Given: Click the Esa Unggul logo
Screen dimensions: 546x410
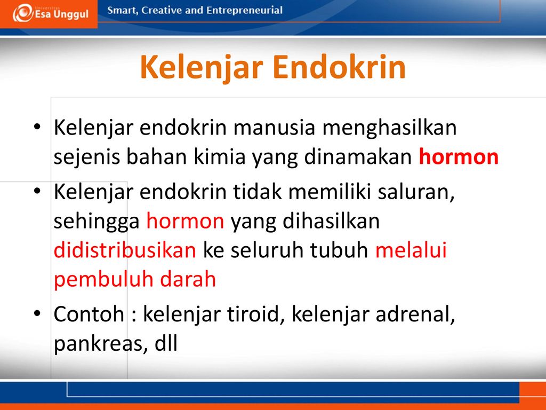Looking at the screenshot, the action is (x=51, y=13).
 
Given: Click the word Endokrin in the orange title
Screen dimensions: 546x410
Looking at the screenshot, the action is (x=340, y=67).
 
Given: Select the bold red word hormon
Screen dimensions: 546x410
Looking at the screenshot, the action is (x=459, y=156).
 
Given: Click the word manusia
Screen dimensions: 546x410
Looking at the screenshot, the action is (x=274, y=128).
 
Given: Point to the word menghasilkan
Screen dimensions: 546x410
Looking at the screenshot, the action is (x=389, y=128).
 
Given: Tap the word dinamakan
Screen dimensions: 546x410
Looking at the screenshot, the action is (x=358, y=156).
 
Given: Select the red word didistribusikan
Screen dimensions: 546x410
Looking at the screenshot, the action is (x=125, y=250).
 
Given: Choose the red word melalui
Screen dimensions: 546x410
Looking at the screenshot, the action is (x=411, y=250).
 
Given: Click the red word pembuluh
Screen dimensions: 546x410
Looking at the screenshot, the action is (x=103, y=280).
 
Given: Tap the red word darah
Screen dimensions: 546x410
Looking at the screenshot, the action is (x=188, y=279).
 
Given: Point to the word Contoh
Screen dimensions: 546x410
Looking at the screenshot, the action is (x=89, y=314).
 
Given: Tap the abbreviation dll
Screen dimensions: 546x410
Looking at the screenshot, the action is (x=166, y=343).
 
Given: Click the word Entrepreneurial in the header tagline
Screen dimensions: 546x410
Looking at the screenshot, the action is (x=244, y=11).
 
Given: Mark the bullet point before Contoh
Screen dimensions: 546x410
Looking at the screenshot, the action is (x=37, y=313).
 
